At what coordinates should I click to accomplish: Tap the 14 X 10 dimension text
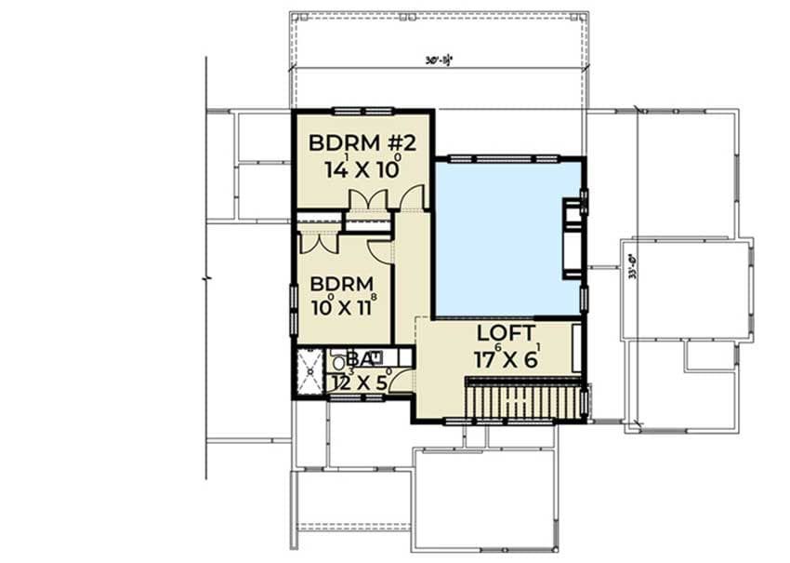tap(362, 169)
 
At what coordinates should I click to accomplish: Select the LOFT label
tap(506, 333)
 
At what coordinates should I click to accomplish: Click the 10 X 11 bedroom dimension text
tap(341, 306)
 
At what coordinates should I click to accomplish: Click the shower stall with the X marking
tap(309, 373)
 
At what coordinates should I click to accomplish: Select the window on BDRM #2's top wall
tap(357, 112)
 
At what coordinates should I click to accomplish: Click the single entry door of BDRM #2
tap(413, 198)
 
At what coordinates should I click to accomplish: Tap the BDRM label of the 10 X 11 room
tap(341, 283)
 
